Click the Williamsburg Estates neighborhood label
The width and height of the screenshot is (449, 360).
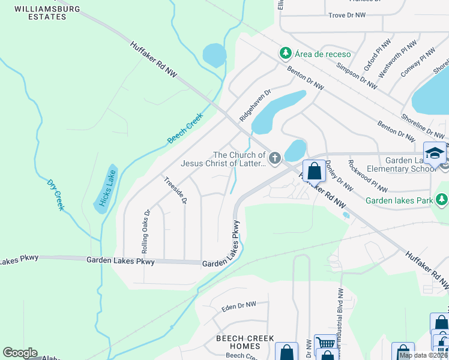click(40, 13)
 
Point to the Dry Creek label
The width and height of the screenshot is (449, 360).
click(55, 193)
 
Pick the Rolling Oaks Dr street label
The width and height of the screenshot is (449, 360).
click(144, 230)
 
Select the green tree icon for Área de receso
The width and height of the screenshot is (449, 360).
click(285, 54)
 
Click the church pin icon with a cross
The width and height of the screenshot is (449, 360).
click(274, 158)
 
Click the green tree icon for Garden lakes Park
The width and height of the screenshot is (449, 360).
click(442, 199)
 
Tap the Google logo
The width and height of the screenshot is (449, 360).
click(20, 353)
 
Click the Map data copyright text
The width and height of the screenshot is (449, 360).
click(423, 355)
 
